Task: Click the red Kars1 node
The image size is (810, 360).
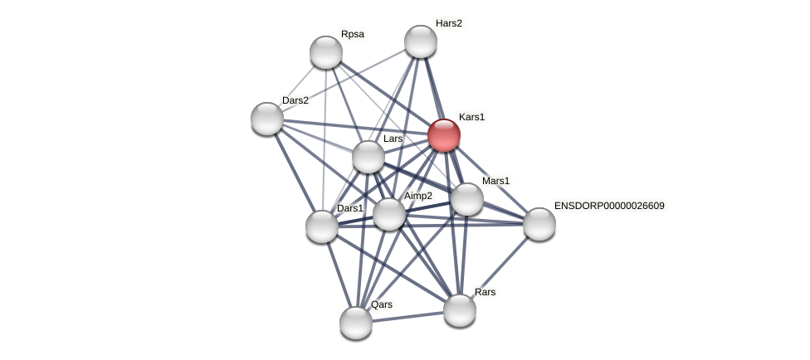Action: [x=444, y=135]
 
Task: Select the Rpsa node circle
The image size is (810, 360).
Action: [x=326, y=52]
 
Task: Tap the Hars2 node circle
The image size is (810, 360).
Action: [x=421, y=41]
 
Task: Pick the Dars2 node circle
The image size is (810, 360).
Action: [x=267, y=119]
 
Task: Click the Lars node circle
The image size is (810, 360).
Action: [x=368, y=157]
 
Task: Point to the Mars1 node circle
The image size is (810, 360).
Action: [x=467, y=199]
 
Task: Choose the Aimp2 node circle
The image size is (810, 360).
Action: [x=388, y=214]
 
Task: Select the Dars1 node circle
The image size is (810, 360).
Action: [x=322, y=226]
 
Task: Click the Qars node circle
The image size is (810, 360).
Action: [x=356, y=323]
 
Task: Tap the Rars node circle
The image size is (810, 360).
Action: [x=460, y=310]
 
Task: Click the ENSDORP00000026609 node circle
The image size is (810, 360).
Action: [x=539, y=224]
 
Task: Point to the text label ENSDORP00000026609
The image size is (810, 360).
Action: [x=609, y=206]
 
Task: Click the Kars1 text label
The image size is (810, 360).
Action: [x=471, y=117]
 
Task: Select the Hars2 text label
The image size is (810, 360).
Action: [x=449, y=23]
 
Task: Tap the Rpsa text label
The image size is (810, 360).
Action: [x=353, y=34]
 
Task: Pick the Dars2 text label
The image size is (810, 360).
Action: [x=295, y=100]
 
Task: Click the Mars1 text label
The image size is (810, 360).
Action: [x=495, y=181]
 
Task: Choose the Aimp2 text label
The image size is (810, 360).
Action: [x=418, y=196]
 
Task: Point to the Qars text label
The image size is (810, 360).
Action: [x=382, y=304]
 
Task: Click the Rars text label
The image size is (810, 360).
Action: [x=486, y=292]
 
